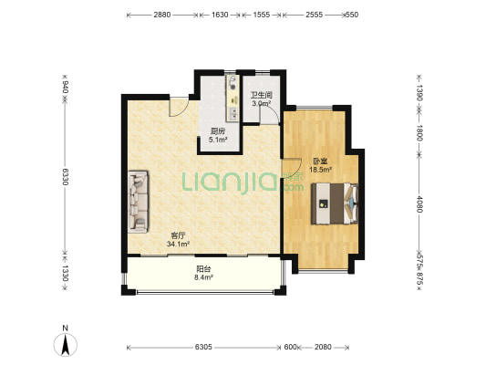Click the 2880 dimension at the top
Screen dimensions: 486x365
pyautogui.click(x=161, y=15)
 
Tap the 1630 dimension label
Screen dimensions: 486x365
pyautogui.click(x=220, y=15)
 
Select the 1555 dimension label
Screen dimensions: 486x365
pyautogui.click(x=262, y=15)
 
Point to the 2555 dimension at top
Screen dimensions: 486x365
pyautogui.click(x=314, y=15)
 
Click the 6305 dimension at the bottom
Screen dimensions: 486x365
pyautogui.click(x=203, y=347)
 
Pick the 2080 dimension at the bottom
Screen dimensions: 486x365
pyautogui.click(x=323, y=347)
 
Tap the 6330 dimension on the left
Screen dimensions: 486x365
pyautogui.click(x=65, y=177)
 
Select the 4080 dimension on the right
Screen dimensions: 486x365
pyautogui.click(x=419, y=204)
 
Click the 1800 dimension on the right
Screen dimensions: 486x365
pyautogui.click(x=419, y=132)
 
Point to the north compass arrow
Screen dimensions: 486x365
pyautogui.click(x=66, y=345)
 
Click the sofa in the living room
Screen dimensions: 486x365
pyautogui.click(x=139, y=202)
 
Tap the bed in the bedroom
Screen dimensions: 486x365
pyautogui.click(x=335, y=203)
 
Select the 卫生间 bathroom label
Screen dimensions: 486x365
pyautogui.click(x=262, y=95)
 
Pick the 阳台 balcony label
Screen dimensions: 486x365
pyautogui.click(x=203, y=269)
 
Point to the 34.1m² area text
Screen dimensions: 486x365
pyautogui.click(x=178, y=244)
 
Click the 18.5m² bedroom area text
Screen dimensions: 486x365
pyautogui.click(x=320, y=170)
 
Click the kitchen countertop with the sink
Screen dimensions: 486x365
pyautogui.click(x=233, y=98)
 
